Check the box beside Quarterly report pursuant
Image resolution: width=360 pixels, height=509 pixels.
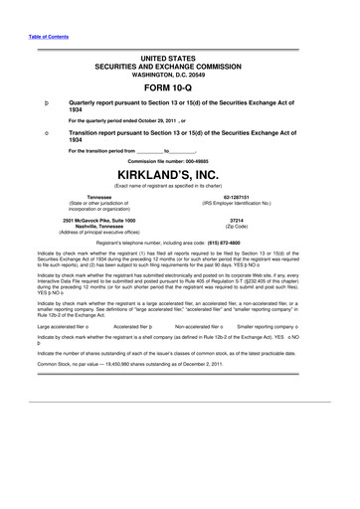[35, 102]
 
